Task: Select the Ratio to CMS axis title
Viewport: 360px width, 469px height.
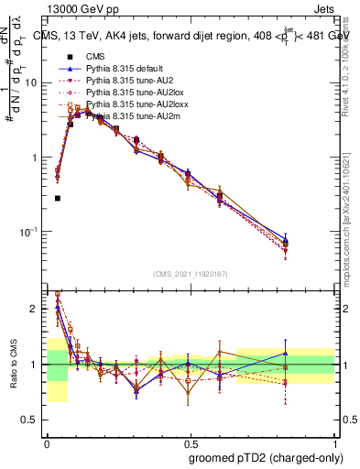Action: [13, 364]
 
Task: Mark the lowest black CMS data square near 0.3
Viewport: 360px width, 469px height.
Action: [58, 198]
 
